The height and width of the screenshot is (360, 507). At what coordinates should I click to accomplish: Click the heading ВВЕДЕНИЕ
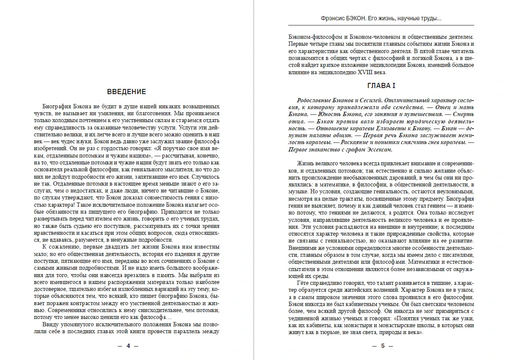126,92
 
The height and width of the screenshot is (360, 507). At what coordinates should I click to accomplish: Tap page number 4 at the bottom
128,346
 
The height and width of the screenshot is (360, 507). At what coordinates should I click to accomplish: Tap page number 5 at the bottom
381,346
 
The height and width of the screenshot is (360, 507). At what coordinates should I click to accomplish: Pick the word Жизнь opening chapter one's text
305,164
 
